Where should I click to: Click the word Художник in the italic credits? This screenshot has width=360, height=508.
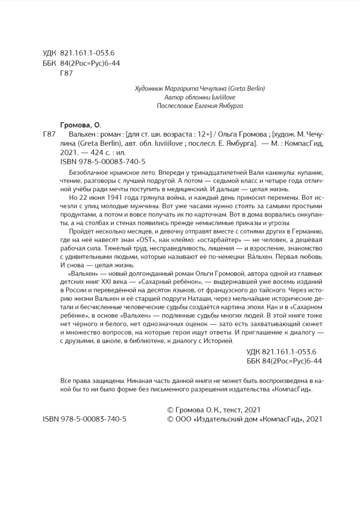point(150,88)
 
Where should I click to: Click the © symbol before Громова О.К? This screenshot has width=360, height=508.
point(171,409)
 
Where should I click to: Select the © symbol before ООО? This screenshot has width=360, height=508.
point(171,419)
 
